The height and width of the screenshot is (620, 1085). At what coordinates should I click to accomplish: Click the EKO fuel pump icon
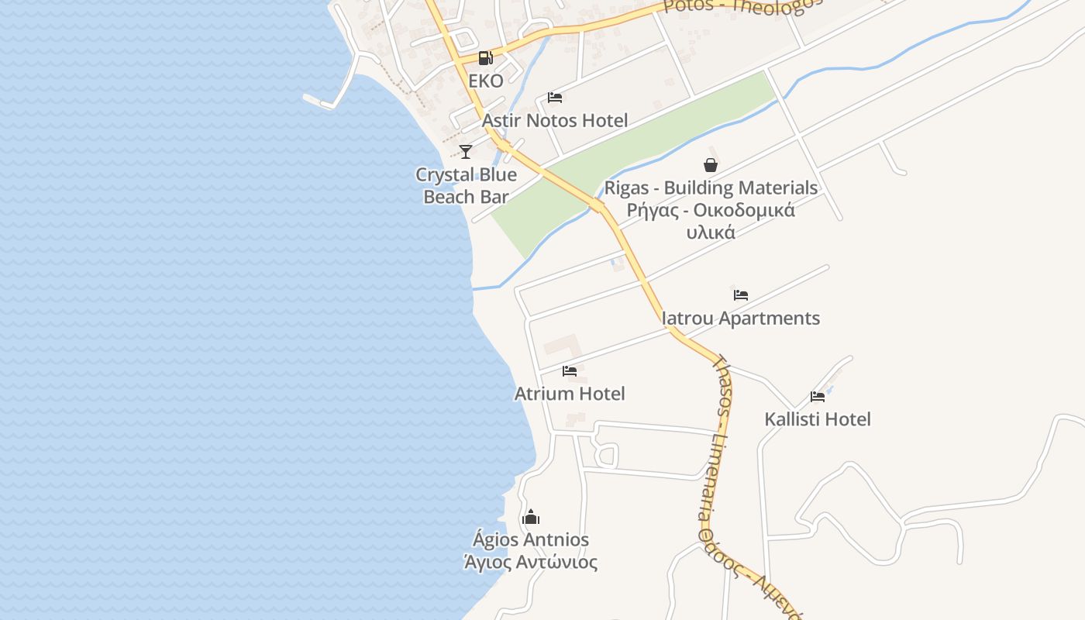485,57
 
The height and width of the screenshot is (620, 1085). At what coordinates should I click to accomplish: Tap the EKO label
486,81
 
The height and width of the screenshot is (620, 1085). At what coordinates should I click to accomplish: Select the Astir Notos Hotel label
555,120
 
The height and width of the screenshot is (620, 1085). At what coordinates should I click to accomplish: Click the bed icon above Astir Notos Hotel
555,97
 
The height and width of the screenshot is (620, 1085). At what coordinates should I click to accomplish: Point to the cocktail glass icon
465,151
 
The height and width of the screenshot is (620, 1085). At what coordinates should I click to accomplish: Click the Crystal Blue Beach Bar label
466,185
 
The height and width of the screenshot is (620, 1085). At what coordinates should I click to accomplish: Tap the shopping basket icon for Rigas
710,164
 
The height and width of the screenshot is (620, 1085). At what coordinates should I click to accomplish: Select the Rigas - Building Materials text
711,188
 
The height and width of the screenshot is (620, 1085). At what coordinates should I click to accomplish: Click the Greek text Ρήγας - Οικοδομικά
711,210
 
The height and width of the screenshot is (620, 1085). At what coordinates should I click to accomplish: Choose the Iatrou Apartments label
741,318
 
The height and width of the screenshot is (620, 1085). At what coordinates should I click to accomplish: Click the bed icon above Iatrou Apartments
741,294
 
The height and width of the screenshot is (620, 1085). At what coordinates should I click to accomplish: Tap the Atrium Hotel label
570,393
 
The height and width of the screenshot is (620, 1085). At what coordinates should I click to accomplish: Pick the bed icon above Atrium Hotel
570,370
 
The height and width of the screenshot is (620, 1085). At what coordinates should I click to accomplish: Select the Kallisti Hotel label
818,418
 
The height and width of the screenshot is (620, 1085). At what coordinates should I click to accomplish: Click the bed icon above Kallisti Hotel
818,396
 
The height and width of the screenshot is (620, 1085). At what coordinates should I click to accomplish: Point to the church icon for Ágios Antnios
531,516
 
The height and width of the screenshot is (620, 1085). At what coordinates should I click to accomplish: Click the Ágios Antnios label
531,539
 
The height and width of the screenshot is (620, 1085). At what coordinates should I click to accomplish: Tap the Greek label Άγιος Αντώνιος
531,562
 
